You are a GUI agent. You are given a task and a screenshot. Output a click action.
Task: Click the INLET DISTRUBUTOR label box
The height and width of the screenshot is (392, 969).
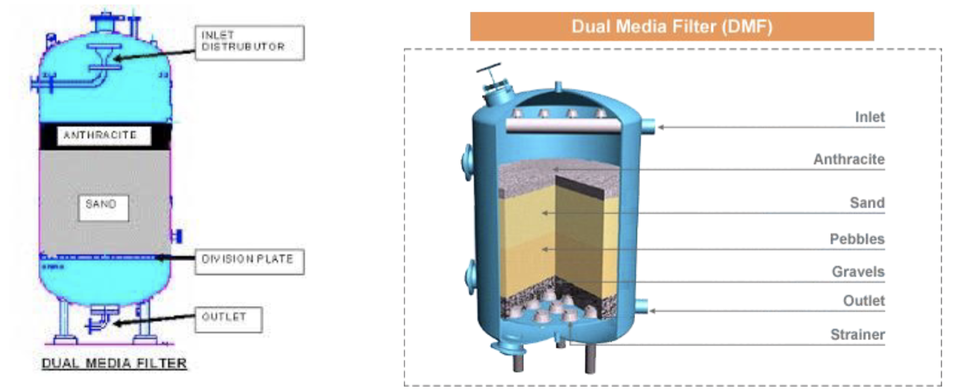(x=250, y=42)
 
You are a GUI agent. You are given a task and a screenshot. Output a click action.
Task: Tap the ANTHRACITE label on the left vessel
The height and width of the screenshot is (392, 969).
(x=101, y=135)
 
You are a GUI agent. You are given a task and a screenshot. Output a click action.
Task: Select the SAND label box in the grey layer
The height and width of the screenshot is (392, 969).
(x=103, y=208)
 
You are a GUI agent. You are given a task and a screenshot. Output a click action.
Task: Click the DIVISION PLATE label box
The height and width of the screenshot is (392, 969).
(x=250, y=262)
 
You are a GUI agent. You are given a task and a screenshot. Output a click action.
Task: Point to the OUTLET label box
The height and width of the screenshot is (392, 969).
(x=229, y=320)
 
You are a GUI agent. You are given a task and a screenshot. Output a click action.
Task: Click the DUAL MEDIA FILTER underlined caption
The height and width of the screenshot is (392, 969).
(x=115, y=364)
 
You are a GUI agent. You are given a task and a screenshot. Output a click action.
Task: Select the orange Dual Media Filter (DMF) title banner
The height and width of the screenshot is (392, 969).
(x=672, y=26)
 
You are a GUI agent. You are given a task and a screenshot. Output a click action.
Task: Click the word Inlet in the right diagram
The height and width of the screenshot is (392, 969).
(x=870, y=117)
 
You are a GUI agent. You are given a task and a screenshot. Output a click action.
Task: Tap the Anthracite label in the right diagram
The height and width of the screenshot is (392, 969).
(x=849, y=159)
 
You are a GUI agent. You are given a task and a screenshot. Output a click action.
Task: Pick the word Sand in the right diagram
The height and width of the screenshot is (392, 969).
(x=867, y=203)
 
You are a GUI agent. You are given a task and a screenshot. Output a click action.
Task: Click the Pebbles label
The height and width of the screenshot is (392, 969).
(x=857, y=239)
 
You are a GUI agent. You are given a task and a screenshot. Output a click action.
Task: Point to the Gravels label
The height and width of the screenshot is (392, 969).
(x=858, y=272)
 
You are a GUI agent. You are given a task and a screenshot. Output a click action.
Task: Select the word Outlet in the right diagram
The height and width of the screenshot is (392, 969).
(x=864, y=301)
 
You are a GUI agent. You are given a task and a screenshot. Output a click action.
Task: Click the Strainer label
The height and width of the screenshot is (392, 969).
(x=857, y=335)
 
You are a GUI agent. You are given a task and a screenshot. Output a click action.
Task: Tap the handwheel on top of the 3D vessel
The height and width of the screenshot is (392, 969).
(x=488, y=70)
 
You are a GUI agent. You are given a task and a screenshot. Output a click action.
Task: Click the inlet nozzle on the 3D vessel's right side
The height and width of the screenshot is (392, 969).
(x=647, y=127)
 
